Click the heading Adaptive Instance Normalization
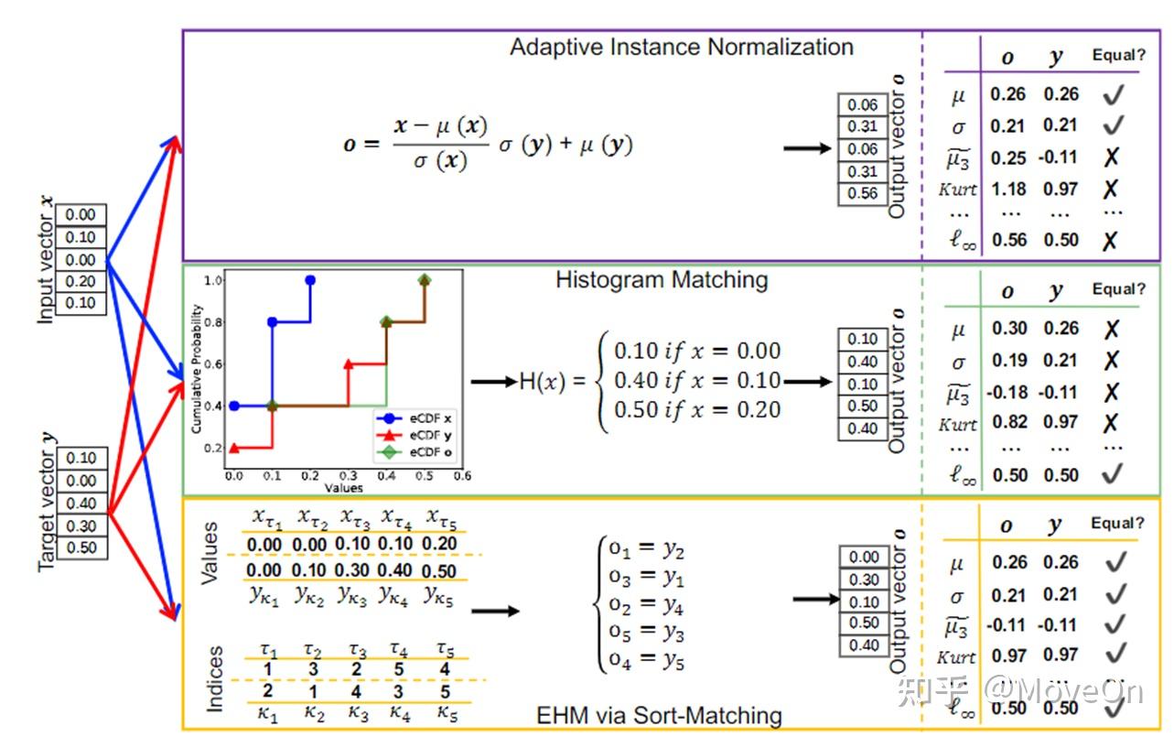(x=681, y=48)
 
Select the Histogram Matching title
(x=661, y=280)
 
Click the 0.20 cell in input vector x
(x=81, y=282)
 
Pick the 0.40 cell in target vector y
(x=81, y=504)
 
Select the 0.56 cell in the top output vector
(x=862, y=193)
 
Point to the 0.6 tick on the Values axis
(x=462, y=475)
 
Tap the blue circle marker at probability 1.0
(x=310, y=281)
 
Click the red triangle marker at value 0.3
(x=348, y=364)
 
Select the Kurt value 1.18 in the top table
(x=1007, y=190)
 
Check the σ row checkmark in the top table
(x=1113, y=125)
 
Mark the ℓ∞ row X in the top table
(x=1111, y=241)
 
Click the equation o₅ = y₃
(x=647, y=633)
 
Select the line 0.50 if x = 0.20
(x=697, y=410)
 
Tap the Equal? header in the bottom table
(x=1117, y=524)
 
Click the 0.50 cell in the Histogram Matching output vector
(x=862, y=406)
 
